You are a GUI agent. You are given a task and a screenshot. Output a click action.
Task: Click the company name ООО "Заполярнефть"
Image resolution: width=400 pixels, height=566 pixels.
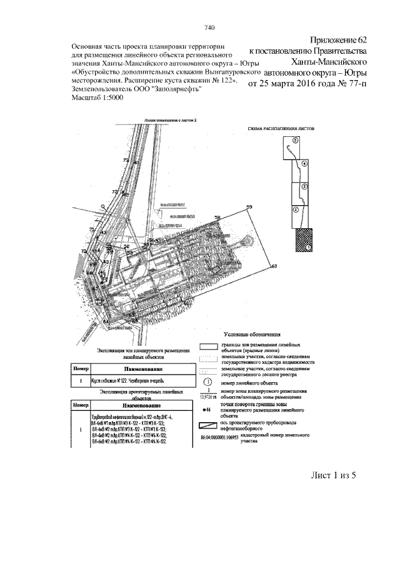169,89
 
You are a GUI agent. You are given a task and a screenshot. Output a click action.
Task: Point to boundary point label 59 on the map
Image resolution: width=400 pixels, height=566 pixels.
250,208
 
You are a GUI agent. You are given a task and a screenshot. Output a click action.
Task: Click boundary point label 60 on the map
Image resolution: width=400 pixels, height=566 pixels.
273,267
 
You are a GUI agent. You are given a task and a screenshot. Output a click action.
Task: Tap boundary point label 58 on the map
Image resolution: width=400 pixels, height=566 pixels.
217,218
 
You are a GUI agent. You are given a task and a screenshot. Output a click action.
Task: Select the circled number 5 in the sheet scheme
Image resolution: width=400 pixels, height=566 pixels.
296,141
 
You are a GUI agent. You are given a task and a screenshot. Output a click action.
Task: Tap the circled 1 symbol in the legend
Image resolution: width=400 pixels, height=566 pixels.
207,382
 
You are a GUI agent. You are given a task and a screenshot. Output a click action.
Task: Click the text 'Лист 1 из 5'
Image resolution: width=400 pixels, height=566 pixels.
333,476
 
